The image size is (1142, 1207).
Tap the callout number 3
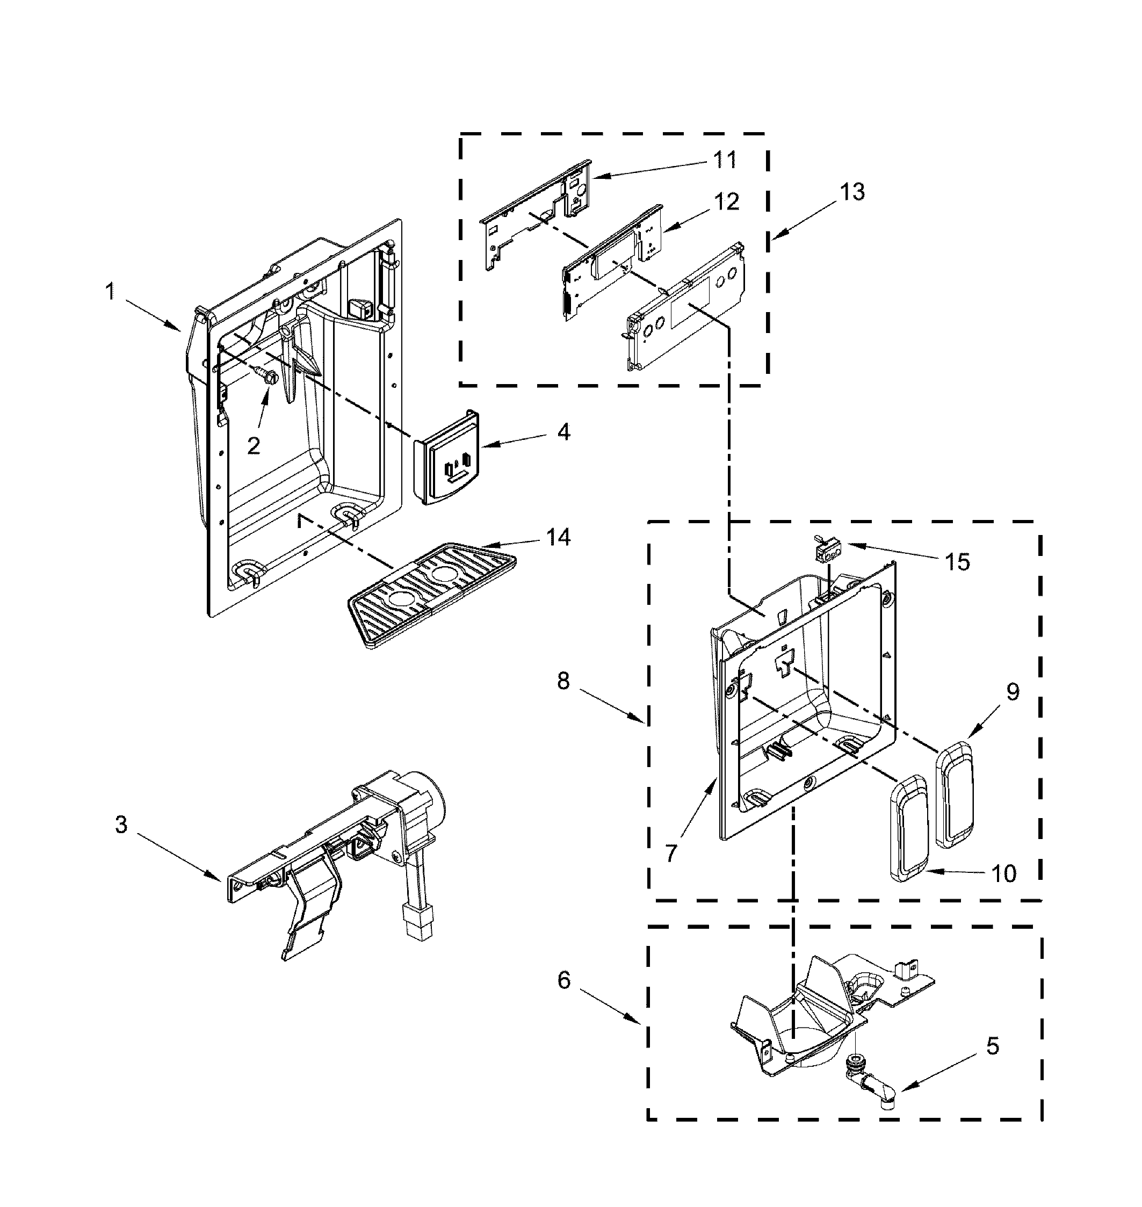tap(121, 826)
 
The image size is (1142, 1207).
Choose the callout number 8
tap(563, 681)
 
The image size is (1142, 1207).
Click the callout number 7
tap(671, 854)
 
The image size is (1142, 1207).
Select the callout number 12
tap(726, 201)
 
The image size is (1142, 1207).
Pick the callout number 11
tap(725, 160)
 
